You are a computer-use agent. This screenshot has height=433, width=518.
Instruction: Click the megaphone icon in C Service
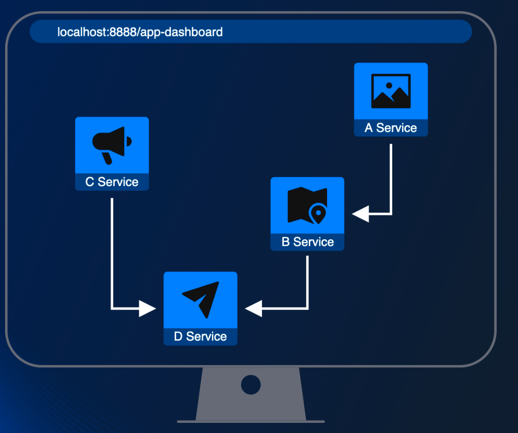[112, 144]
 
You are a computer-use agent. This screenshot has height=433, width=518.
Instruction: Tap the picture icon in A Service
[391, 91]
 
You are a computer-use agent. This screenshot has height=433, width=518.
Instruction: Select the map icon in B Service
[307, 205]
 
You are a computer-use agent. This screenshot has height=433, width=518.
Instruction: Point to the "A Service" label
[391, 128]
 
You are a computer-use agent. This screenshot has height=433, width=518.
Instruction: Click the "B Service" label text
[307, 242]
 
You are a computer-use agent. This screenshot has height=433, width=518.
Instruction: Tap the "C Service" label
[112, 182]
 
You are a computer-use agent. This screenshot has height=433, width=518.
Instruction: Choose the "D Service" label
[200, 337]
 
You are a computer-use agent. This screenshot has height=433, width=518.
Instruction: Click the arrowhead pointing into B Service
[361, 214]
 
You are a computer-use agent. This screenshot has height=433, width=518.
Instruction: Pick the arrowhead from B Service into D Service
[253, 308]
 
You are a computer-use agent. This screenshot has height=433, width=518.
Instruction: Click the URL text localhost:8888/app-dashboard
[140, 32]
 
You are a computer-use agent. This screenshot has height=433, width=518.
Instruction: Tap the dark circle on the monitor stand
[250, 385]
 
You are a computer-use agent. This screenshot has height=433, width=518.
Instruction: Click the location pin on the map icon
[318, 212]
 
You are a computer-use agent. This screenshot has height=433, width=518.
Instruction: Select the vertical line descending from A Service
[391, 177]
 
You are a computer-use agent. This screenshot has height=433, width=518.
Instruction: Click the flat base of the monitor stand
[250, 421]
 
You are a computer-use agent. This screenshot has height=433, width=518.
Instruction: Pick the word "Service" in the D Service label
[206, 337]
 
